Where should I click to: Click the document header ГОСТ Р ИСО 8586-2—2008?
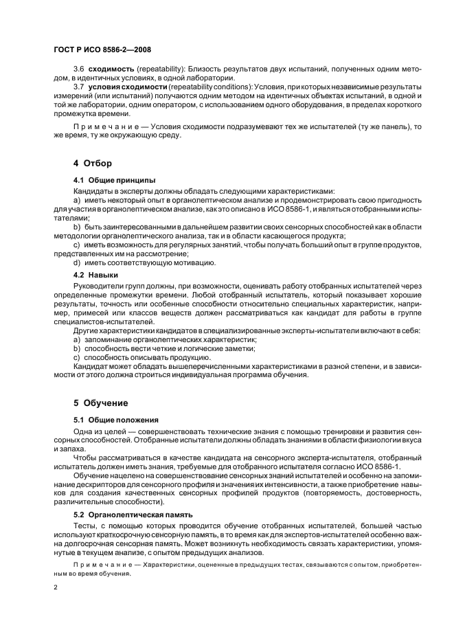tap(102, 50)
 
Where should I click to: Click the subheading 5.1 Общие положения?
tap(116, 419)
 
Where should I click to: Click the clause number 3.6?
tap(79, 69)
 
